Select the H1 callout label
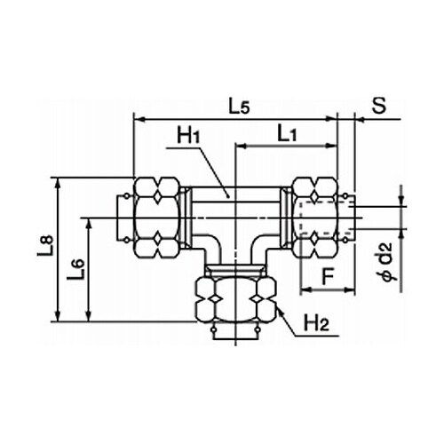tap(189, 136)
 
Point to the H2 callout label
tap(316, 323)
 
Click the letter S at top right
tap(379, 106)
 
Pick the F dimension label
tap(328, 277)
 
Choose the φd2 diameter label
tap(386, 261)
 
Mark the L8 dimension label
tap(46, 245)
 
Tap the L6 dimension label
tap(75, 270)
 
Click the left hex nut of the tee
tap(156, 218)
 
